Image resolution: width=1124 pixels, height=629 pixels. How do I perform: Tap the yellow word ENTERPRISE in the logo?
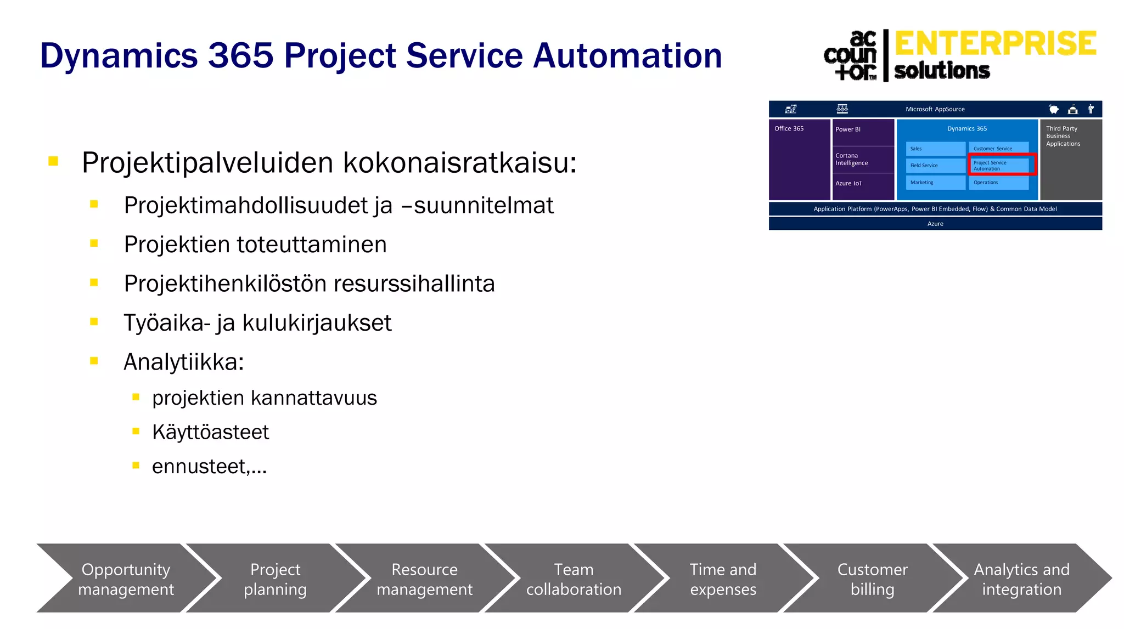coord(995,44)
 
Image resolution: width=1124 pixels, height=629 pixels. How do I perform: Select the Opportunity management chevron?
coord(126,579)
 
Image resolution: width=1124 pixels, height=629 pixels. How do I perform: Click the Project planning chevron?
coord(275,579)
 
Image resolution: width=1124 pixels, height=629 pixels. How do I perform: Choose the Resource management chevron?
coord(424,579)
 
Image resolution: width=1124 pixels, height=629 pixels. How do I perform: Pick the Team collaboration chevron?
coord(574,579)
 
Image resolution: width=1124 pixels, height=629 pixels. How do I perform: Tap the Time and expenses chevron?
coord(723,579)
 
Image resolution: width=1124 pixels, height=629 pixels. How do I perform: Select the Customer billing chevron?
coord(872,579)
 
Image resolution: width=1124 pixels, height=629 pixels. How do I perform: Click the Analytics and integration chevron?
coord(1021,579)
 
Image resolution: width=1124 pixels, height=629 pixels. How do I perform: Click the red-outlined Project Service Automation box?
coord(1002,165)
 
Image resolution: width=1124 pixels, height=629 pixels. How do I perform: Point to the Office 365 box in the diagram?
coord(799,159)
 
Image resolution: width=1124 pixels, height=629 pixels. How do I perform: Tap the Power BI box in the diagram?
coord(863,132)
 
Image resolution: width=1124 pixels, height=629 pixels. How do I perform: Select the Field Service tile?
coord(935,165)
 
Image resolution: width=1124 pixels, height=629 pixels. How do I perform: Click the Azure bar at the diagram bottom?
coord(935,224)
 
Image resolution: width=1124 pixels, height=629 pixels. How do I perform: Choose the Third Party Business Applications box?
coord(1070,159)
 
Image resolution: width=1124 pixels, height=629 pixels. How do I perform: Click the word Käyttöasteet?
coord(210,432)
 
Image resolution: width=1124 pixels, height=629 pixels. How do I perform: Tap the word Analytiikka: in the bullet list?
coord(183,362)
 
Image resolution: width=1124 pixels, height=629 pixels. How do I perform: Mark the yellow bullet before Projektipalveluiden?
coord(53,161)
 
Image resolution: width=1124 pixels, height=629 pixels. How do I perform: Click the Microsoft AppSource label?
coord(935,109)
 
